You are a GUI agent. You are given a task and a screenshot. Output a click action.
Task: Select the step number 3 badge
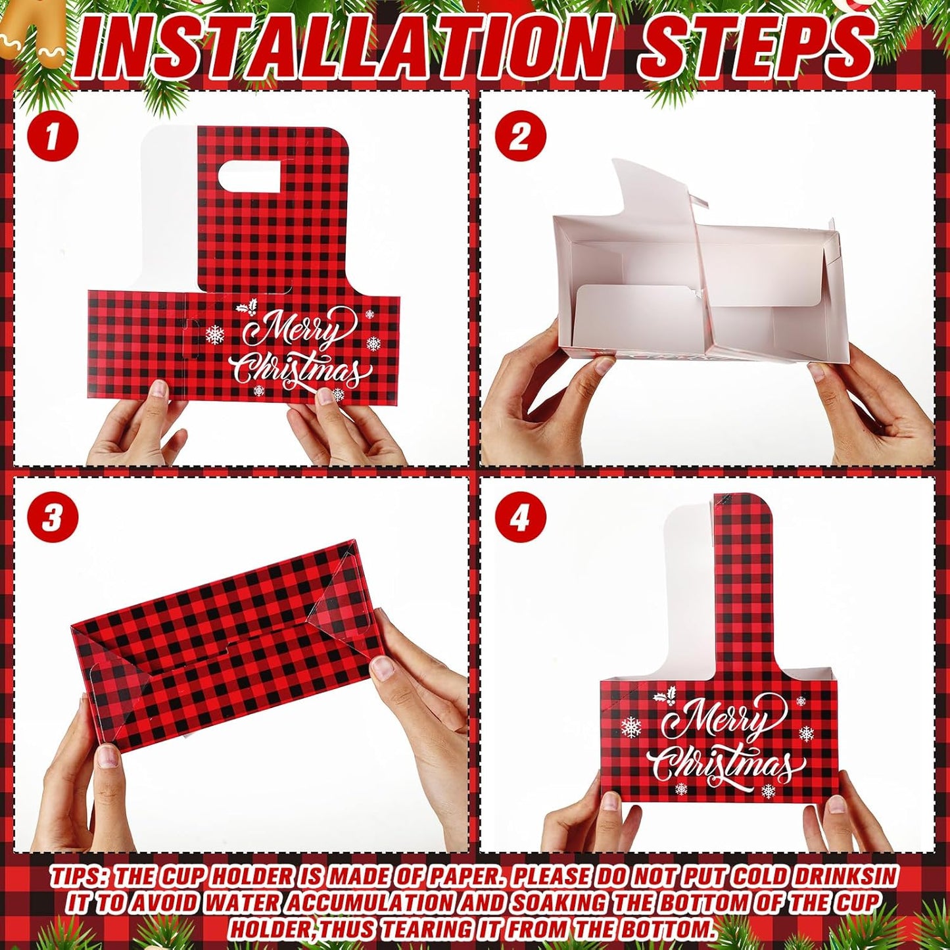53,520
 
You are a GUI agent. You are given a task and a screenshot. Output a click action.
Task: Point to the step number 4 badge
520,520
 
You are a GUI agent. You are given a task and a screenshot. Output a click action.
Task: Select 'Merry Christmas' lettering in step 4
723,743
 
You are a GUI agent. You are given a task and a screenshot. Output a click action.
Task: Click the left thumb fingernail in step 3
108,756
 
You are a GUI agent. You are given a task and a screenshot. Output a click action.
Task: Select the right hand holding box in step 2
868,408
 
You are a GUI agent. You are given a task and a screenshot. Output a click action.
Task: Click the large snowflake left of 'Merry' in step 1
215,335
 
